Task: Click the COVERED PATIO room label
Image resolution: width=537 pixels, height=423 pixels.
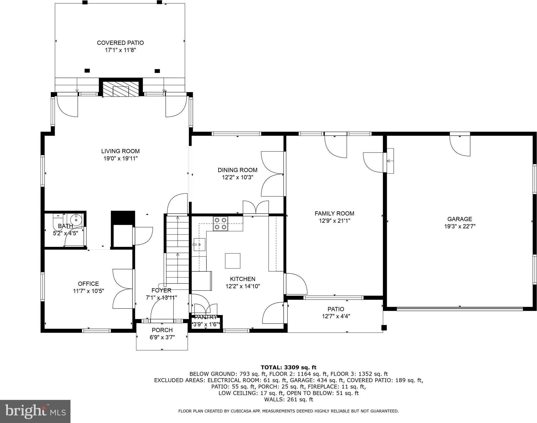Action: click(x=120, y=43)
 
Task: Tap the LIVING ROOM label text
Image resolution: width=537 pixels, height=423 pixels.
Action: click(x=120, y=151)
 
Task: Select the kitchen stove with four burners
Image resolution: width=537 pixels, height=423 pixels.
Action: click(x=220, y=224)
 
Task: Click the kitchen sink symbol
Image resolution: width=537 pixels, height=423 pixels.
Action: click(x=199, y=244)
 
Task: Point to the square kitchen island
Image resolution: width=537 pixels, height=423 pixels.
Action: click(x=233, y=261)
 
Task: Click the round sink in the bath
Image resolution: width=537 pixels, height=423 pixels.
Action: click(x=76, y=219)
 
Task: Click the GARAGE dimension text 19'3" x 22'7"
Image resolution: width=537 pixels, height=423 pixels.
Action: click(x=460, y=226)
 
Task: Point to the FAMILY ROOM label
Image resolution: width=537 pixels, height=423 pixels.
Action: click(x=334, y=213)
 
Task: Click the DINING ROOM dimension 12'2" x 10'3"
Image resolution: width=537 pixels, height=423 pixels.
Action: click(x=238, y=177)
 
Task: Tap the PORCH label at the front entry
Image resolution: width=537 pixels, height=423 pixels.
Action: click(x=162, y=330)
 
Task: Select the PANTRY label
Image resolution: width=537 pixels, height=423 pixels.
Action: click(x=206, y=317)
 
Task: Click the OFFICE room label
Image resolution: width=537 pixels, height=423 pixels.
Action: click(x=89, y=284)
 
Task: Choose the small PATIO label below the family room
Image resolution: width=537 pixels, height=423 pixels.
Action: click(x=336, y=309)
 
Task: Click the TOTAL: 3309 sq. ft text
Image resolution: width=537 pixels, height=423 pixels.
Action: click(x=288, y=367)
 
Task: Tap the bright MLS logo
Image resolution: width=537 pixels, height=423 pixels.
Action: click(x=35, y=411)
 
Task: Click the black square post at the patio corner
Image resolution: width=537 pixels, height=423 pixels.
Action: click(x=384, y=328)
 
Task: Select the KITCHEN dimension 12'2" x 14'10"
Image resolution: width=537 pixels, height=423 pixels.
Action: click(x=243, y=286)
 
